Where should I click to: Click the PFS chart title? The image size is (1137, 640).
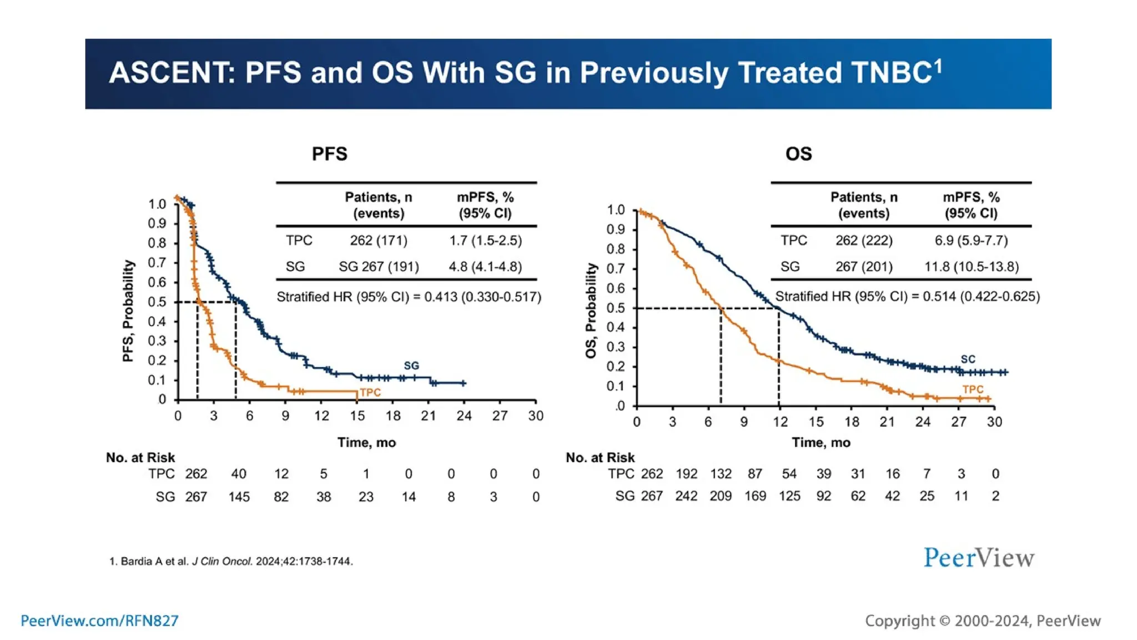pyautogui.click(x=329, y=154)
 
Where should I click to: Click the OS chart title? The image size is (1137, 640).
pyautogui.click(x=798, y=154)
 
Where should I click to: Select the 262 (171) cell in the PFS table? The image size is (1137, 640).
pyautogui.click(x=378, y=241)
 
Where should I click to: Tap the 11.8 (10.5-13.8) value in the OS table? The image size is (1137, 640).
pyautogui.click(x=971, y=267)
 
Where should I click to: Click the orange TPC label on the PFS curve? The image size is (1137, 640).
pyautogui.click(x=370, y=393)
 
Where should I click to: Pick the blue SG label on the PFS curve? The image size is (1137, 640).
pyautogui.click(x=411, y=366)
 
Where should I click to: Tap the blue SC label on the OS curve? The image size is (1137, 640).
pyautogui.click(x=968, y=359)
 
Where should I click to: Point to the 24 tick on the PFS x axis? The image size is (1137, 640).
pyautogui.click(x=464, y=416)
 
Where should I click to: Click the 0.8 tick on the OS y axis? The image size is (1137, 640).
pyautogui.click(x=616, y=249)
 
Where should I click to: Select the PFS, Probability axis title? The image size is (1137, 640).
pyautogui.click(x=128, y=311)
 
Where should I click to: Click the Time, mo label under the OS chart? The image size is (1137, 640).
pyautogui.click(x=821, y=442)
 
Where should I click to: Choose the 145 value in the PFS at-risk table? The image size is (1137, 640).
pyautogui.click(x=239, y=497)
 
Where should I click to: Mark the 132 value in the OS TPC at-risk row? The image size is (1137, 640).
pyautogui.click(x=721, y=474)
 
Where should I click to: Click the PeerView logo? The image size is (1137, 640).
pyautogui.click(x=979, y=558)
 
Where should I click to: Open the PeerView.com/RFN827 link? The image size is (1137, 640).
pyautogui.click(x=99, y=621)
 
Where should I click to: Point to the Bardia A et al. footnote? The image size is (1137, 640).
pyautogui.click(x=231, y=561)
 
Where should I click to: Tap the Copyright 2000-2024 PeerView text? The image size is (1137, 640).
pyautogui.click(x=983, y=621)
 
